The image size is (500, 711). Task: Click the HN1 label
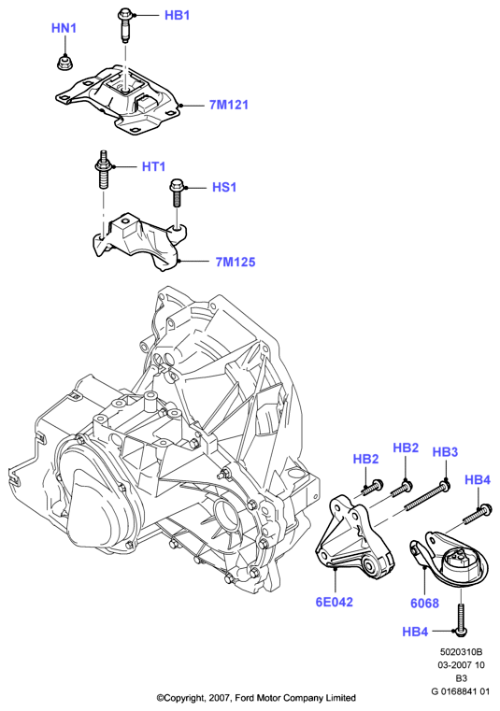pos(64,28)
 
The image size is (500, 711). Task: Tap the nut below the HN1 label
pos(64,63)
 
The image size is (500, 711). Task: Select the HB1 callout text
pos(177,16)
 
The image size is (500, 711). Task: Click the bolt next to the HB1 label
pos(124,26)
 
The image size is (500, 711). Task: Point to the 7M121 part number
pos(229,105)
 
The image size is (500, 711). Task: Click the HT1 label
pos(154,166)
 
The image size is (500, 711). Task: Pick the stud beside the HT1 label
pos(104,170)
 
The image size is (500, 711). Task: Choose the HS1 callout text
pos(224,187)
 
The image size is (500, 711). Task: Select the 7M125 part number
pos(236,263)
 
